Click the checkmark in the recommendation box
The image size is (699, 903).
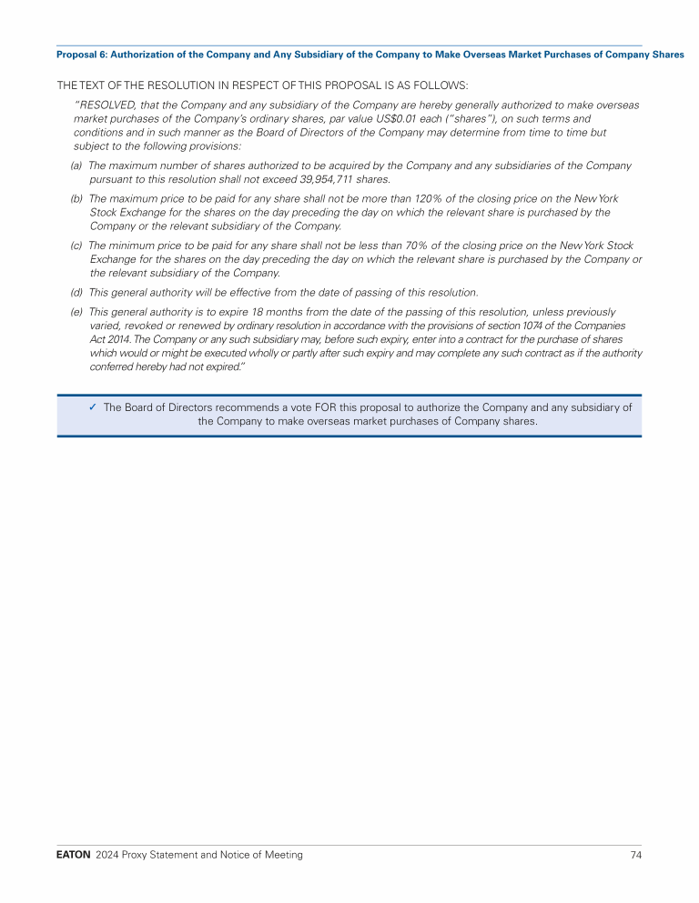(93, 407)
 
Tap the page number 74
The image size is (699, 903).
(635, 855)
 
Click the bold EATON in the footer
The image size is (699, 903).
(73, 855)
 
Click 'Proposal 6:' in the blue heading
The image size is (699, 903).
(81, 55)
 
